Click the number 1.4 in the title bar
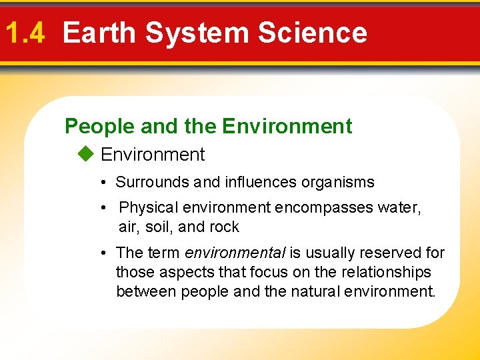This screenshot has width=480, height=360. tap(25, 33)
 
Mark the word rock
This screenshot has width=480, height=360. tap(224, 227)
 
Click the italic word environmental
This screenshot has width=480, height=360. tap(235, 253)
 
